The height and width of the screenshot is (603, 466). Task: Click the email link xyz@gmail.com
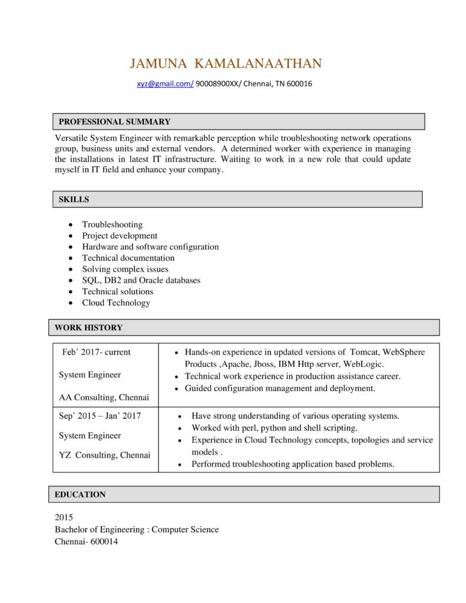165,84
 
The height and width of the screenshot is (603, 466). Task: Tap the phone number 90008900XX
216,84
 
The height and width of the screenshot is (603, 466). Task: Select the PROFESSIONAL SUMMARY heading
114,122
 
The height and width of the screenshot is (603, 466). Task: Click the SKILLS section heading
74,200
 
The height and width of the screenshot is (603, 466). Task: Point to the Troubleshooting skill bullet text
112,224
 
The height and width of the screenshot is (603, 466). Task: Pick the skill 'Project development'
120,236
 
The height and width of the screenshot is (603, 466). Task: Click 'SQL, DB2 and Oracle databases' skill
141,280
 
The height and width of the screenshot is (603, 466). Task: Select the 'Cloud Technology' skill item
116,303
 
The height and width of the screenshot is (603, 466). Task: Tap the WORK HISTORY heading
88,327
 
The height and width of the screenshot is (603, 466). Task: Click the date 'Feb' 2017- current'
97,352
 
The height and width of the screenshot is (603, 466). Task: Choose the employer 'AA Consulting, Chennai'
104,397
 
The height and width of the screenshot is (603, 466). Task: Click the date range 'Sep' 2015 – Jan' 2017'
100,416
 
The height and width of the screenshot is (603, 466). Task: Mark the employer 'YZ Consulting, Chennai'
104,455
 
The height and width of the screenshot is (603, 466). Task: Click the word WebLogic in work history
363,365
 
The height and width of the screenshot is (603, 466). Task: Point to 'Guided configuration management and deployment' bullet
280,389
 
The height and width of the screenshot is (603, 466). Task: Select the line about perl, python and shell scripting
275,428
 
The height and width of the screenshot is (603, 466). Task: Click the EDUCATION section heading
80,495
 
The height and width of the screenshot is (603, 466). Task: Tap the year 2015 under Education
64,518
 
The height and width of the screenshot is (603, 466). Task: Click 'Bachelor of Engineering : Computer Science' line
137,529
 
